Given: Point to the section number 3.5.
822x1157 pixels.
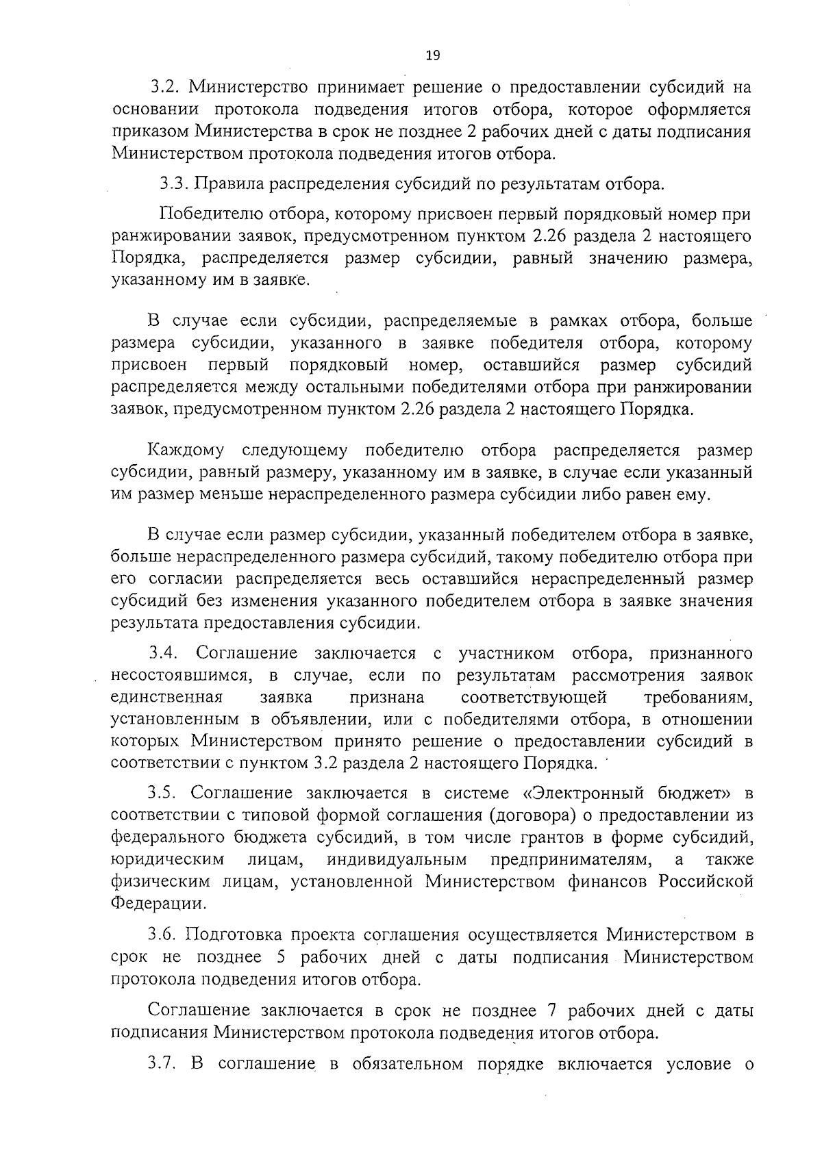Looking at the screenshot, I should (164, 793).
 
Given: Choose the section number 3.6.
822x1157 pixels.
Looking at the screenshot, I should (164, 934).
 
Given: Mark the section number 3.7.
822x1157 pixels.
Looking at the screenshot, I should (164, 1065).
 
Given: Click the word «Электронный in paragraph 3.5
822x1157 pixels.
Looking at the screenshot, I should (585, 793).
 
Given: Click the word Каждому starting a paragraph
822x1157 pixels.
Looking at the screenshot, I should (185, 451).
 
